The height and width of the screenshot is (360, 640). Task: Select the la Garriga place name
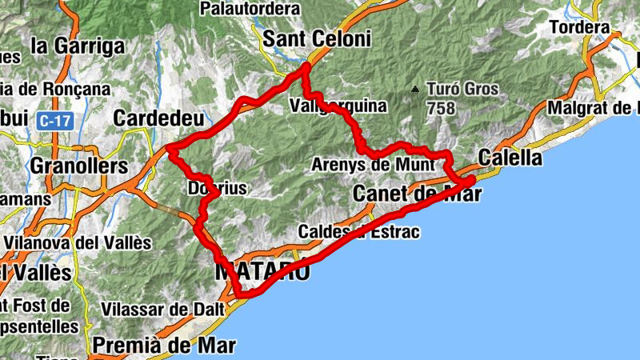78,46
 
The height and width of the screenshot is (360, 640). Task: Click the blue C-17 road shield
53,121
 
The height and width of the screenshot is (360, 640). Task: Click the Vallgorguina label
338,106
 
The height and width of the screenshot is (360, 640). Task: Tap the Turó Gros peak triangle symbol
415,89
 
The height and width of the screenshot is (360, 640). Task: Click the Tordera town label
580,27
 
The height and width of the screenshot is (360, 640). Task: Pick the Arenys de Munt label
373,165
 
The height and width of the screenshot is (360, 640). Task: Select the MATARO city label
262,270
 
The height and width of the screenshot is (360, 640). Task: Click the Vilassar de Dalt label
157,308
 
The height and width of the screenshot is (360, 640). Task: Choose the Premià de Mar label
165,345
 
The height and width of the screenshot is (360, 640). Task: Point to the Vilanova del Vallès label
77,242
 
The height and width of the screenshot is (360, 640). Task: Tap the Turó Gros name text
462,89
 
